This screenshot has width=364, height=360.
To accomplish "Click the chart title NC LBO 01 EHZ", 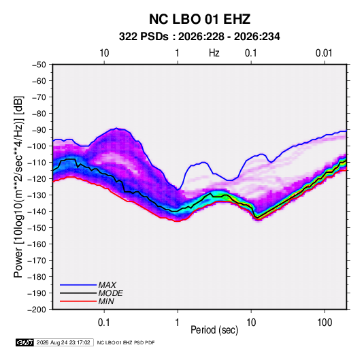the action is point(199,19).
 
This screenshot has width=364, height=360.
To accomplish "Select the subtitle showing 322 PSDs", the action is point(199,37).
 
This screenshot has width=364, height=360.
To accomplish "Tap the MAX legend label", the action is point(107,285).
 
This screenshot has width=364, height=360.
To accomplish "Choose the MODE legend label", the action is point(110,293).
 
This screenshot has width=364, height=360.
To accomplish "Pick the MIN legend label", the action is point(106,301).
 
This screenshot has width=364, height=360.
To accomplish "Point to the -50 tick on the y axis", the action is point(39,65).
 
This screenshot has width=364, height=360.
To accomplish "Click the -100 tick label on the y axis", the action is point(37,146).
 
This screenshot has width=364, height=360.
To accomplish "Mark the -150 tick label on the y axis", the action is point(37,228).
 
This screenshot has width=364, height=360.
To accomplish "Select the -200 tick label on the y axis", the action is point(37,310).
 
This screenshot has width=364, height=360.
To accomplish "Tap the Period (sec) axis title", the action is point(214,330).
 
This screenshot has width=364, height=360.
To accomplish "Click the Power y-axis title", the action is point(18,186).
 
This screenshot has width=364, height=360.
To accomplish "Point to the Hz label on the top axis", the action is point(214,53).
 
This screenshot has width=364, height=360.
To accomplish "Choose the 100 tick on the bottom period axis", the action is point(325,323).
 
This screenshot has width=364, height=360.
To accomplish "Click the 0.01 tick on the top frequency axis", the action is point(324,53).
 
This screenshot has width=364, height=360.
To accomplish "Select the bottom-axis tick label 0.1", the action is point(104,323).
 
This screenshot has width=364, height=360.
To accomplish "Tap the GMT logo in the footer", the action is point(25,342).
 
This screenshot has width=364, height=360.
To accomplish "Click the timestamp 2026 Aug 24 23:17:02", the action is point(63,342).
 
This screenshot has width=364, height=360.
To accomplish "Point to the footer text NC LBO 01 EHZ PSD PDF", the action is point(126,342).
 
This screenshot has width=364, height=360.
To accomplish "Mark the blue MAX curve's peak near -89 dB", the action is point(116,128).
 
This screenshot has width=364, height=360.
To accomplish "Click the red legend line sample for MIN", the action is point(78,301).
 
